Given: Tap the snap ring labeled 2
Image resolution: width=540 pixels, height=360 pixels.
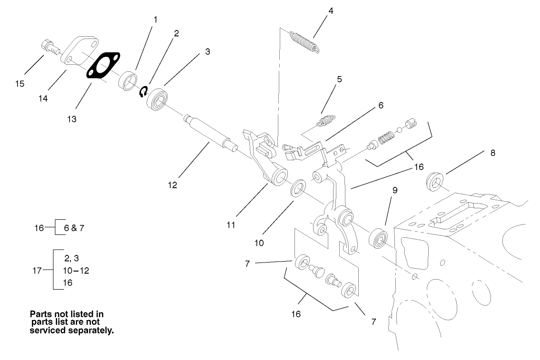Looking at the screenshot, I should (143, 92).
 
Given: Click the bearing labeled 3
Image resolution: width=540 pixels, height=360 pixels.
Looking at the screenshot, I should (158, 98).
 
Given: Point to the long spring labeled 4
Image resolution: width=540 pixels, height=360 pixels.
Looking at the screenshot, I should (304, 40).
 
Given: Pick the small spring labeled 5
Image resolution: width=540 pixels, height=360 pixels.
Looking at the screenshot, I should (325, 121).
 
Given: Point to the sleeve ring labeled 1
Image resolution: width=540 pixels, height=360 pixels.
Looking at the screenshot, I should (127, 80).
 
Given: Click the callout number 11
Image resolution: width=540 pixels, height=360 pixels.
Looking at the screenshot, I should (231, 225).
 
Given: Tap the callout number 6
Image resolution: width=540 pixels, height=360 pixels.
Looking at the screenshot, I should (381, 105).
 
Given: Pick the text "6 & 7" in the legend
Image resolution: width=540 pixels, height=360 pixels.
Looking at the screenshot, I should (74, 228).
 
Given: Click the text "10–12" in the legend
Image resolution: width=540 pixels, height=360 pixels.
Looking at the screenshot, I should (76, 271).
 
